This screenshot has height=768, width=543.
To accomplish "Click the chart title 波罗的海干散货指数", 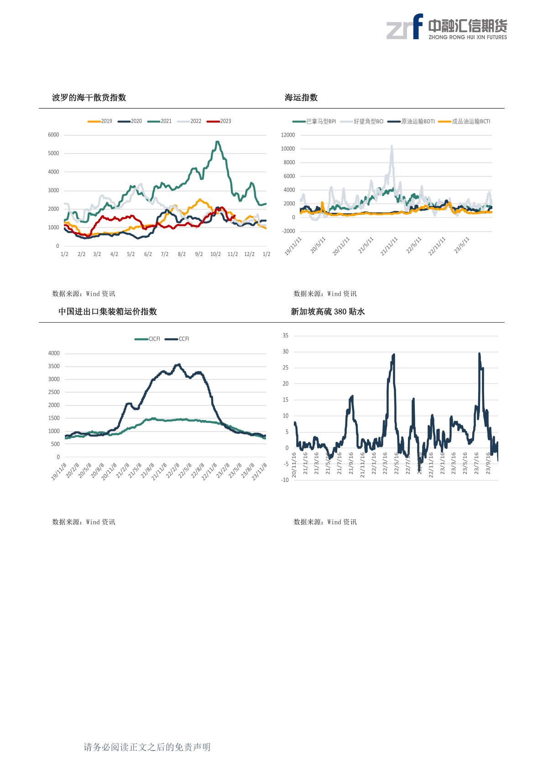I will [89, 98].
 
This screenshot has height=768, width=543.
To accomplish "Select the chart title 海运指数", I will [301, 98].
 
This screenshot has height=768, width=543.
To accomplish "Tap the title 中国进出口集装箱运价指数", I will [108, 312].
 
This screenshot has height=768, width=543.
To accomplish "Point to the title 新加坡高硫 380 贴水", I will [328, 312].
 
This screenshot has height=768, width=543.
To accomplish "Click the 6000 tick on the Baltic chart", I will [53, 135].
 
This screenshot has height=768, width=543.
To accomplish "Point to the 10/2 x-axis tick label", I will [215, 254].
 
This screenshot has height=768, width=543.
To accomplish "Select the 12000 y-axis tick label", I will [288, 135].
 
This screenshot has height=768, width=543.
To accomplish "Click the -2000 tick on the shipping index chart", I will [289, 231].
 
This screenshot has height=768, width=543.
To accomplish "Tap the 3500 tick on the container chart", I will [54, 366].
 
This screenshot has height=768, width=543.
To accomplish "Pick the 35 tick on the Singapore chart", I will [286, 336].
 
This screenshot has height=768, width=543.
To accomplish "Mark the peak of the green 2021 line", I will [217, 142].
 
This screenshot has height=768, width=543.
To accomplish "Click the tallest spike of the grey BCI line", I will [392, 146].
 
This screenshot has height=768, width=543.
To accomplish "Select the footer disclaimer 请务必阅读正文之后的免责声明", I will [147, 747].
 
